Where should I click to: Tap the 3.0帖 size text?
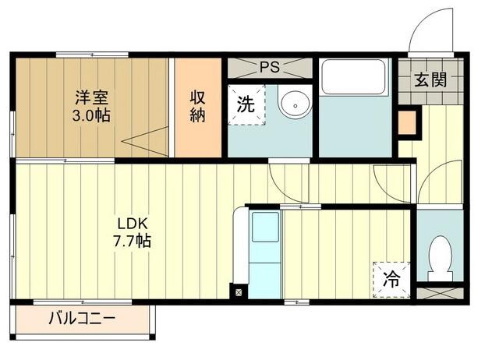pyautogui.click(x=90, y=115)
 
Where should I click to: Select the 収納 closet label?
pyautogui.click(x=198, y=108)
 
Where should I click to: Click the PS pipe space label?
pyautogui.click(x=269, y=67)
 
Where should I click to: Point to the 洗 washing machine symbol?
pyautogui.click(x=246, y=105)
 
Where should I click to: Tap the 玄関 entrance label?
pyautogui.click(x=430, y=79)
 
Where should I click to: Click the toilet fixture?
pyautogui.click(x=441, y=257)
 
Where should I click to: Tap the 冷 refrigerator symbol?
pyautogui.click(x=391, y=277)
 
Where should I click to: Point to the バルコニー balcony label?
pyautogui.click(x=82, y=318)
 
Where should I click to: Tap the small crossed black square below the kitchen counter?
pyautogui.click(x=238, y=293)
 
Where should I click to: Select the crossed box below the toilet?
pyautogui.click(x=442, y=294)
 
